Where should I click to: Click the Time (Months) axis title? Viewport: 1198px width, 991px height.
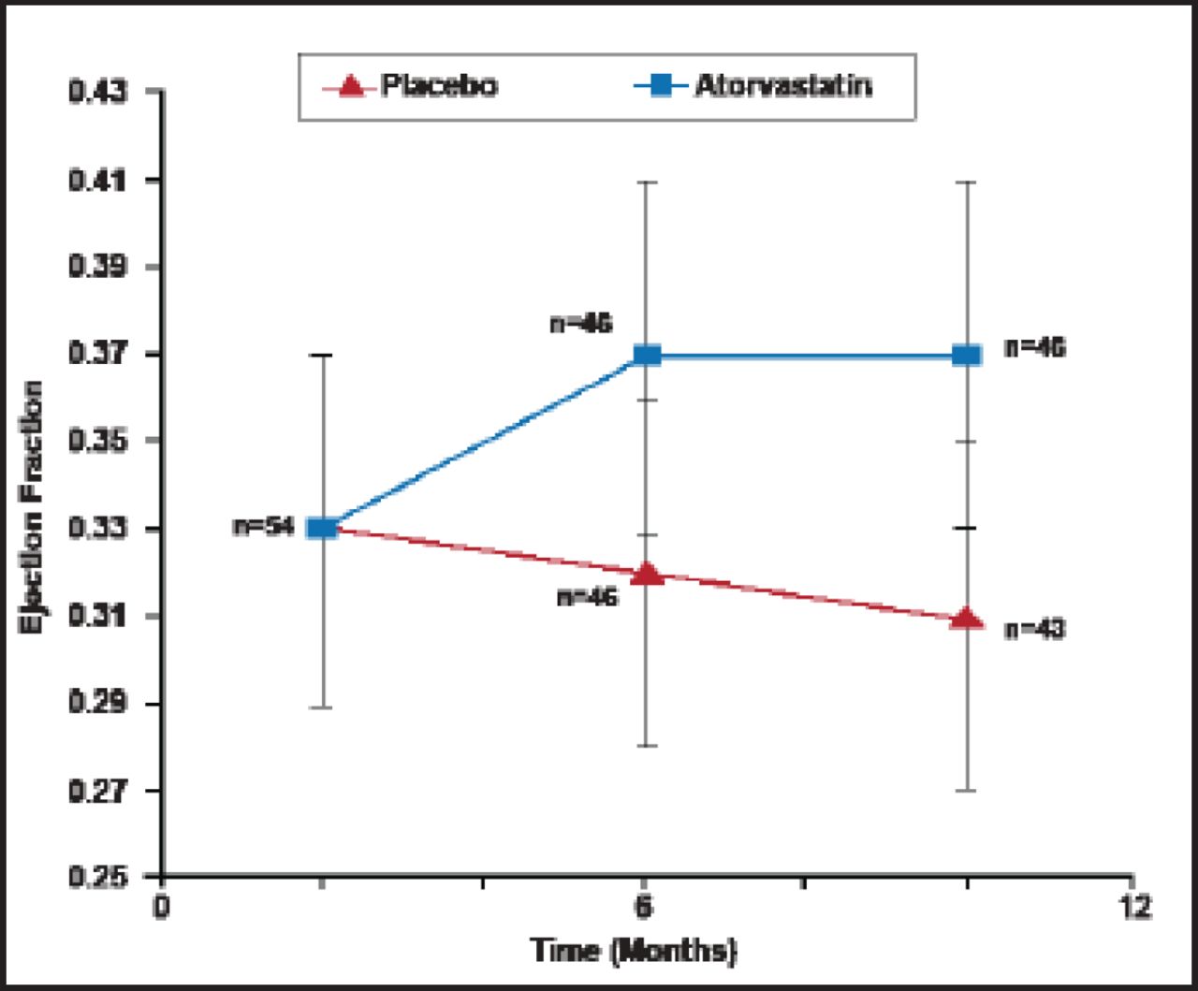635,951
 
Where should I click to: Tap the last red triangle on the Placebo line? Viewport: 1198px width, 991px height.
967,619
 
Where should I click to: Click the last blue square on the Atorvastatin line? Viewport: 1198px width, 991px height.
967,355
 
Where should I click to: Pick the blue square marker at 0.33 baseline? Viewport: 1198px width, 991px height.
323,528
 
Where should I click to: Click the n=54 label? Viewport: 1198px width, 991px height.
264,528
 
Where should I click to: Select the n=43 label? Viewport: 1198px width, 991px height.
1035,629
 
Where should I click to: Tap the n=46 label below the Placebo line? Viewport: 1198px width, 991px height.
588,596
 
